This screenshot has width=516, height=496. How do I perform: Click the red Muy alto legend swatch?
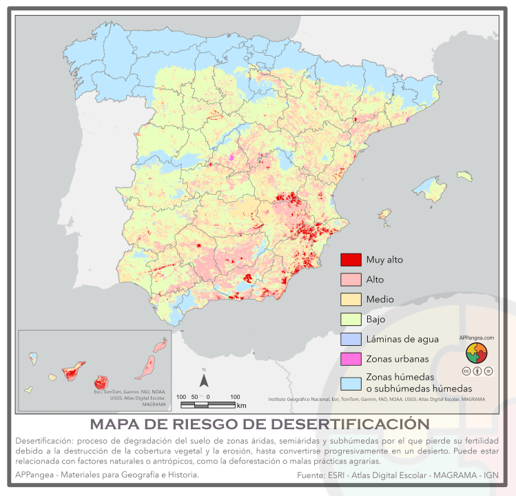351,260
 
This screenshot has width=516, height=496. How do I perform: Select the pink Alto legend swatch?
351,280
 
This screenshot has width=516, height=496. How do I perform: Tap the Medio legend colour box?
351,300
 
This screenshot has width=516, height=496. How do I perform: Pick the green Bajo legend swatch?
351,320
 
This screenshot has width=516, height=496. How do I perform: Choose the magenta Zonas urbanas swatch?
351,359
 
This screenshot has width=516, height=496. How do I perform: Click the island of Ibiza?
387,219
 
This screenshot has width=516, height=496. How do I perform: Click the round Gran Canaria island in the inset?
103,381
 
